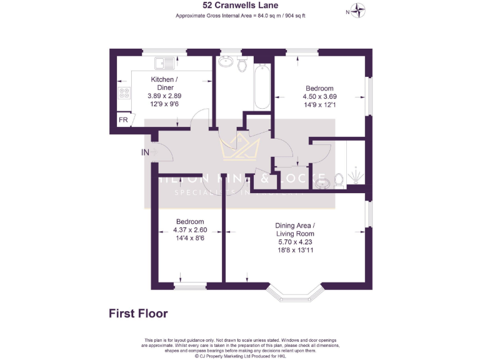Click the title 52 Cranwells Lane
tap(240, 6)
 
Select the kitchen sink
tap(166, 62)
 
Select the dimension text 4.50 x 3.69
tap(319, 97)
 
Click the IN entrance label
tap(145, 152)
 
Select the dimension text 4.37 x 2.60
tap(189, 230)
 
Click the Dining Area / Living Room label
tap(296, 229)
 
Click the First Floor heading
tap(138, 313)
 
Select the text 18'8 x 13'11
tap(296, 250)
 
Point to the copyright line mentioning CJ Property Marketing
tap(240, 356)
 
